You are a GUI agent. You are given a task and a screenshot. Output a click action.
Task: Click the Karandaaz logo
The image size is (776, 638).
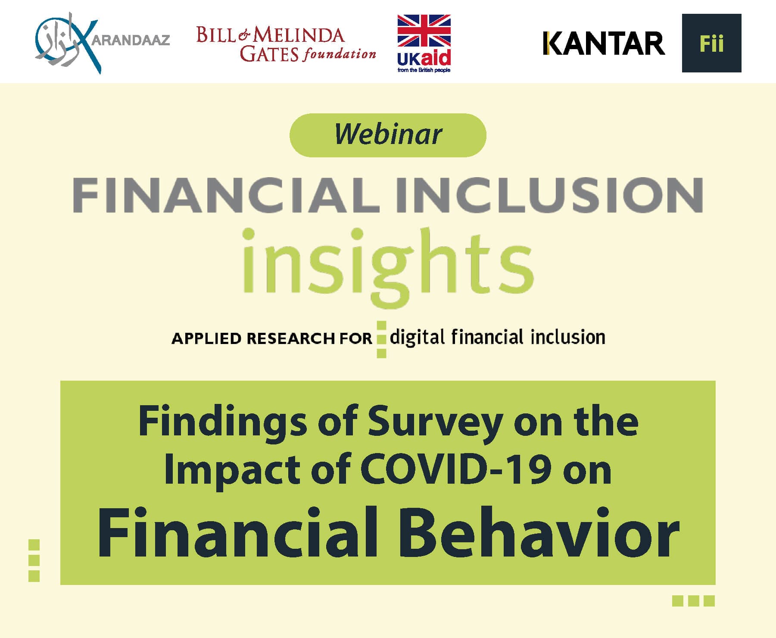pos(103,43)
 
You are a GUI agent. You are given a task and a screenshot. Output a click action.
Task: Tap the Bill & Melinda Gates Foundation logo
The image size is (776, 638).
pos(286,44)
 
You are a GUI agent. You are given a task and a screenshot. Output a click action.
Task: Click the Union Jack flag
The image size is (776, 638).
pos(424,31)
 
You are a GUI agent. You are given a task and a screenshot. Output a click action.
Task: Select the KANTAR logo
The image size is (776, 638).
pos(604,44)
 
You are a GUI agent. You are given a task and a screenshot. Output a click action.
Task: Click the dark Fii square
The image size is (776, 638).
pos(711,43)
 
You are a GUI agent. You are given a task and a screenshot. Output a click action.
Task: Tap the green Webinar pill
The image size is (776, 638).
pos(388,135)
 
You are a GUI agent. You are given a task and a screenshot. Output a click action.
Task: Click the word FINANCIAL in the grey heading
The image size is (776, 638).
pos(226,195)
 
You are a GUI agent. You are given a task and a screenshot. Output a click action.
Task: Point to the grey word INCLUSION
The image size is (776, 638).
pos(550,195)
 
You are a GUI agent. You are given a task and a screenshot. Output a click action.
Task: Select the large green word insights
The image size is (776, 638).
pos(388,267)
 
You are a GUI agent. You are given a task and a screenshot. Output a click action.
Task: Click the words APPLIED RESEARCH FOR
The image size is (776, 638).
pos(272,339)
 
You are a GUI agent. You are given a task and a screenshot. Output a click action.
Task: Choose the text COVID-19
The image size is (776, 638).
pos(456,469)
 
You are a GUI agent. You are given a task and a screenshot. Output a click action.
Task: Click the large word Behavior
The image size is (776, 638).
pos(539,533)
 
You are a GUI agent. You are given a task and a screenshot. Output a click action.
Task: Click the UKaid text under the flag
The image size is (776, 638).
pos(424,58)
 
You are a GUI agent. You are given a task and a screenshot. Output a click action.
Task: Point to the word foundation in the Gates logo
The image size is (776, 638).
pos(340,54)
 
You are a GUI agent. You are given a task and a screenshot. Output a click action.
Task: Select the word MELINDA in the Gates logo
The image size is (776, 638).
pos(299,35)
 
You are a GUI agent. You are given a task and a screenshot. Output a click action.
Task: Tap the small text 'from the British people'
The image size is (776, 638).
pos(424,70)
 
